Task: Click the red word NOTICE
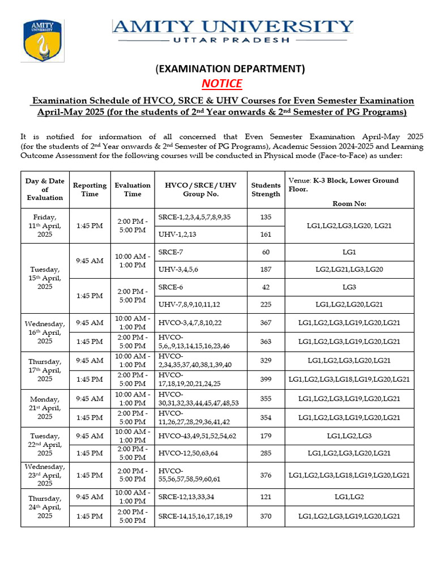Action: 221,84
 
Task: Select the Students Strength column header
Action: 266,190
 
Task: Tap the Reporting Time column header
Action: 89,190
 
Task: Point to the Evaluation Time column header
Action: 133,190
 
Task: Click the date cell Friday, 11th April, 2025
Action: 45,225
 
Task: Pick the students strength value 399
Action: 266,379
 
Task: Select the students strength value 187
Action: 266,269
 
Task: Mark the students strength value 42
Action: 266,287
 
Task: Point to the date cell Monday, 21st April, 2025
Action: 45,408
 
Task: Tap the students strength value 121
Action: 266,497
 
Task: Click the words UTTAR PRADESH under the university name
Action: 233,40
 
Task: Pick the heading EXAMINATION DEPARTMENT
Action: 230,69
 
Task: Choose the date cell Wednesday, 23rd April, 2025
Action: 45,475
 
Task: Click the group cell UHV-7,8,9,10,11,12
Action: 189,305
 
